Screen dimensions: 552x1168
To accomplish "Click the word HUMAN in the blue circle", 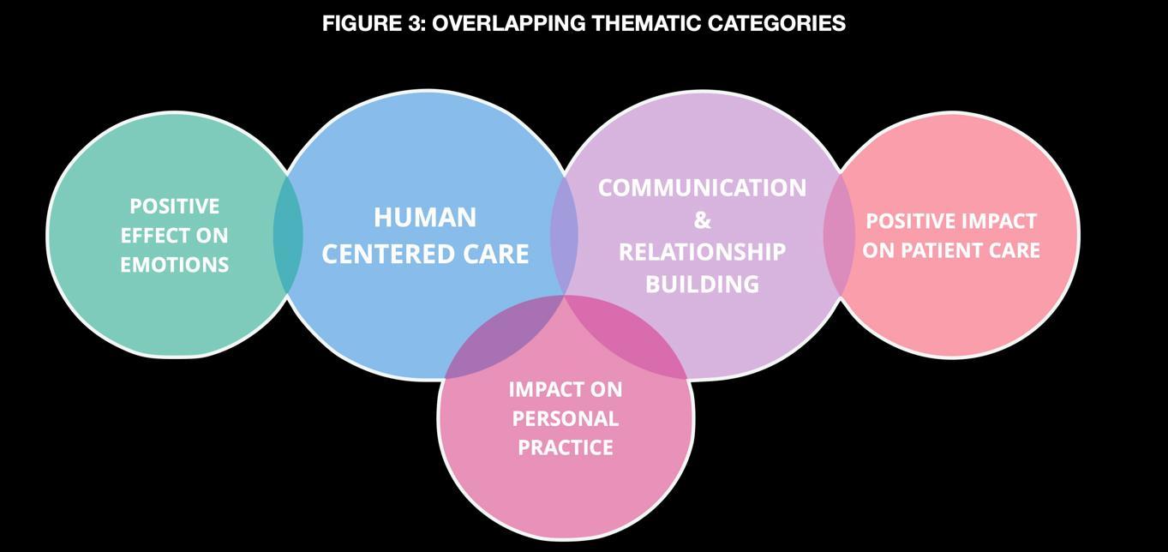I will coord(425,218).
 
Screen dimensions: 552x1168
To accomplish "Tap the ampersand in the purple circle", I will coord(702,220).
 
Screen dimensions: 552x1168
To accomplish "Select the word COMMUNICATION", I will coord(702,188).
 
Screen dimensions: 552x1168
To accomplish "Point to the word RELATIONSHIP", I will coord(702,252).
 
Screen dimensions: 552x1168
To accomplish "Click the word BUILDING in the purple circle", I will coord(702,284).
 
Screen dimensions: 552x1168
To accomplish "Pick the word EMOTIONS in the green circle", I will coord(174,265).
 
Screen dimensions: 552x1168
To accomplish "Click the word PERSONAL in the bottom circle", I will coord(565,418).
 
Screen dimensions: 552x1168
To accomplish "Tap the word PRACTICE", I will coord(565,447).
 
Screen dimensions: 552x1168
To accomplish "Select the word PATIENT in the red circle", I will coord(950,250).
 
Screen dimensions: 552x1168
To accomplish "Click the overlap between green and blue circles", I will coord(288,233).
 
